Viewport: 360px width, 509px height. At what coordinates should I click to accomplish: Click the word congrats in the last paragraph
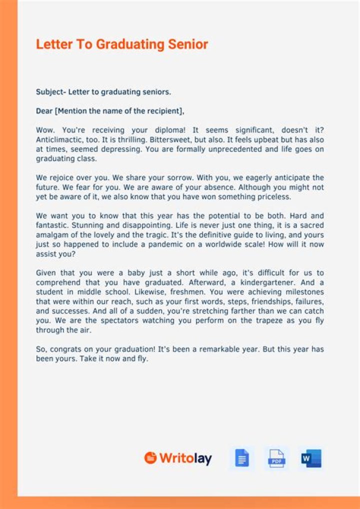point(65,349)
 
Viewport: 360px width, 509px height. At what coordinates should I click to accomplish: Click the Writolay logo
point(178,458)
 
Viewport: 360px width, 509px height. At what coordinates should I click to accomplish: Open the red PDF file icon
point(276,458)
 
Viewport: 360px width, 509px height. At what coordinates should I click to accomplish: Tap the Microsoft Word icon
point(311,458)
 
